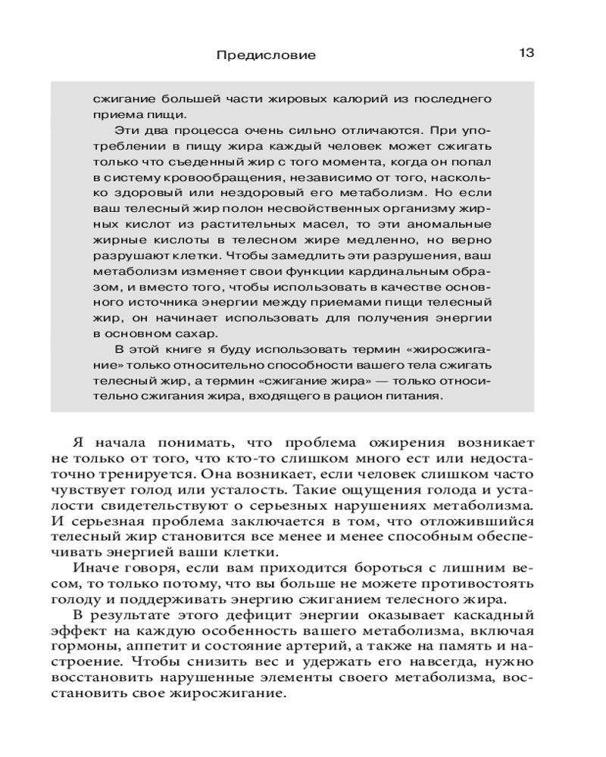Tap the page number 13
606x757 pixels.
pyautogui.click(x=527, y=53)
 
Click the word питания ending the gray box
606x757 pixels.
pyautogui.click(x=417, y=397)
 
